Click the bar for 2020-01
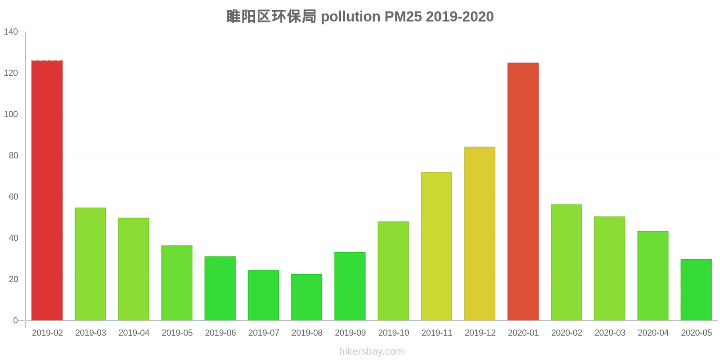click(523, 192)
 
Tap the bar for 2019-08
click(306, 297)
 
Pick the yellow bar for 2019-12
click(480, 234)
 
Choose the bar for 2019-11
click(436, 246)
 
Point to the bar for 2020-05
click(696, 290)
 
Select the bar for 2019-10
click(393, 271)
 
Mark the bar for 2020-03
click(609, 268)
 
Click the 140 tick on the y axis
click(11, 32)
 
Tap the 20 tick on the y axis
click(13, 279)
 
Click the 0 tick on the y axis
click(15, 320)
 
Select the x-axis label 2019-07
click(264, 333)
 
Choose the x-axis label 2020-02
click(567, 333)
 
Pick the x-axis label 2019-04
click(134, 333)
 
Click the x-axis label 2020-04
click(653, 333)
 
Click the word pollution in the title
click(351, 17)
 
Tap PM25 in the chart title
click(403, 17)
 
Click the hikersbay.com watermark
click(372, 351)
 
